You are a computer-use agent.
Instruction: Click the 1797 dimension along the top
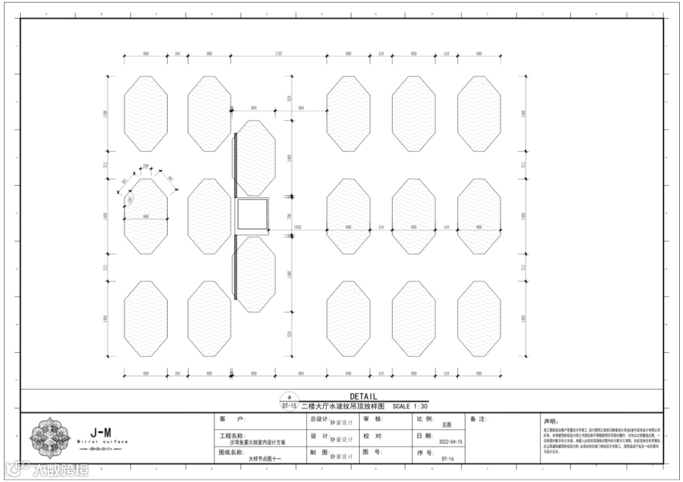[278, 54]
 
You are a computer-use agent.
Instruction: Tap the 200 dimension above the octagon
[145, 166]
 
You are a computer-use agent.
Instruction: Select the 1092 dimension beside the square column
[298, 226]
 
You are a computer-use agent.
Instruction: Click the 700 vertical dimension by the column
[290, 216]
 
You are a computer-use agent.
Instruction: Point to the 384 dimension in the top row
[178, 54]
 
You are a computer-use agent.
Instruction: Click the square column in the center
[252, 216]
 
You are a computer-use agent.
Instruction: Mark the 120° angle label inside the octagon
[131, 201]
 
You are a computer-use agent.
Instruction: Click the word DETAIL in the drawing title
[363, 397]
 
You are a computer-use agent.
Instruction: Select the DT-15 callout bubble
[289, 406]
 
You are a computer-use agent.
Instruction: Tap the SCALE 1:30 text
[410, 407]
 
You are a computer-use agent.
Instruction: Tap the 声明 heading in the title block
[551, 421]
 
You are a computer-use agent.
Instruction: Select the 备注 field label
[478, 419]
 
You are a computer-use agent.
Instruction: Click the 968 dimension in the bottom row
[301, 374]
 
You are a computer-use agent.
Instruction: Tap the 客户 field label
[227, 419]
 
